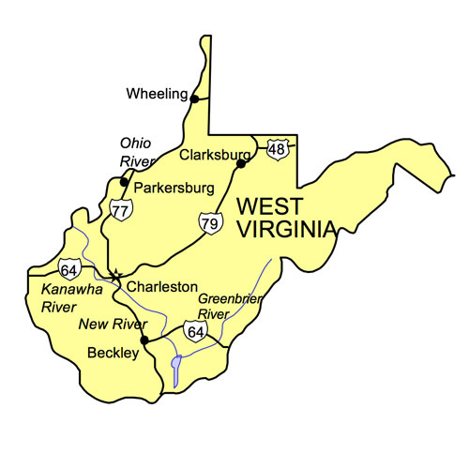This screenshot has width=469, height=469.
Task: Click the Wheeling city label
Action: coord(156,94)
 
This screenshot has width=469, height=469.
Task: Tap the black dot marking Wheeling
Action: coord(194,98)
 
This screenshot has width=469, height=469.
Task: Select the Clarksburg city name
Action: coord(214,154)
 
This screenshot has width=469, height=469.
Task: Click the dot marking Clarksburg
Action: coord(241,163)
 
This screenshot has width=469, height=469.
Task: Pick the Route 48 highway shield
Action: coord(276,148)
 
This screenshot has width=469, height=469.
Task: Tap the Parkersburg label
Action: coord(175,188)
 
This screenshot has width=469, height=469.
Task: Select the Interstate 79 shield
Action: coord(208,223)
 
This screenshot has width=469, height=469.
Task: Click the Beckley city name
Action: coord(112,353)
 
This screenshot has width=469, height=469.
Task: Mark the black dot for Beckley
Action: coord(144,340)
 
